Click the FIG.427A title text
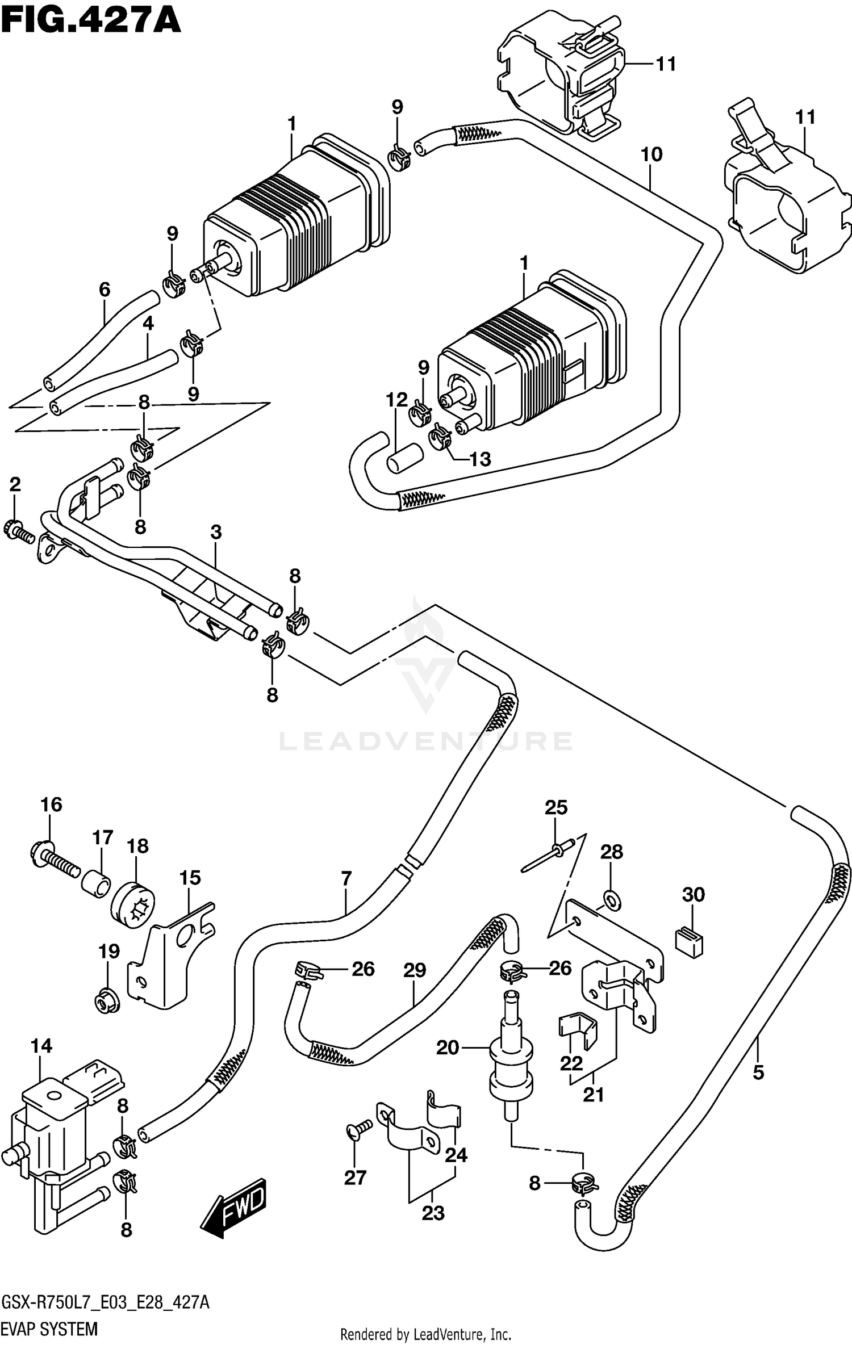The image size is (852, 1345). coord(91,21)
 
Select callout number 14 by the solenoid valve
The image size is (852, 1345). coord(41,1045)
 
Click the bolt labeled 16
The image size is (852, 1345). coord(54,861)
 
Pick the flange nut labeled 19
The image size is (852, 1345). coord(106,1005)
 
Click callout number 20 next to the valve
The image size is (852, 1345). coord(447,1047)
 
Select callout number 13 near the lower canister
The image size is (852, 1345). coord(480,459)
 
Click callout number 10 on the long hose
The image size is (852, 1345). coord(651,154)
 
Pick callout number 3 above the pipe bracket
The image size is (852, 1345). coord(216,532)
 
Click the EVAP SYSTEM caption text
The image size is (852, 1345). coord(50,1330)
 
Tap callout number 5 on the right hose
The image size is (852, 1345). coord(758,1072)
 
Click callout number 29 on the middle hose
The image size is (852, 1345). coord(415,970)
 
